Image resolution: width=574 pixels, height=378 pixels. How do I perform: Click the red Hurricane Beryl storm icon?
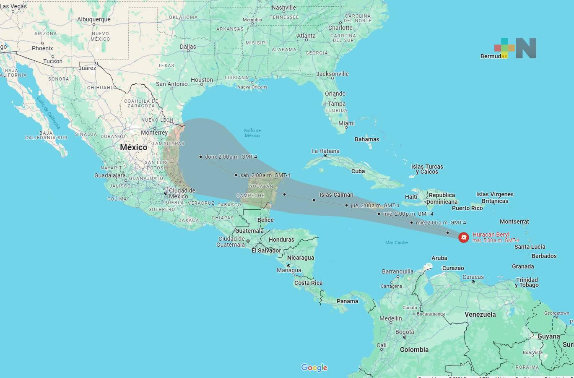coord(463,238)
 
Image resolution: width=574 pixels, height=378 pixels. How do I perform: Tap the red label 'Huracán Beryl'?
coord(491,235)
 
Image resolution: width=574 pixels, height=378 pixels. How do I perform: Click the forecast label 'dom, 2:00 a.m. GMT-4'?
coord(231,157)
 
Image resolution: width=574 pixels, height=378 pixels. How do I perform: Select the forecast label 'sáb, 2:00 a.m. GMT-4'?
coord(265,175)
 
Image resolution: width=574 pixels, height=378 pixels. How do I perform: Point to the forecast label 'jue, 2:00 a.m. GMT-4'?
coord(375,206)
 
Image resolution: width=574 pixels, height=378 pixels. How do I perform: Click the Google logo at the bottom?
coord(314,368)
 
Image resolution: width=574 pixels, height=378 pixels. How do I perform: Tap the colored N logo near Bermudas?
coord(516,48)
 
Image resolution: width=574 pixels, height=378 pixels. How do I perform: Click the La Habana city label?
coord(325,151)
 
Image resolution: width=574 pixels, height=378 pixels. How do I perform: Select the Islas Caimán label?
coord(336,195)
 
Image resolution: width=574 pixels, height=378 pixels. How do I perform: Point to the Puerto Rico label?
coord(467,208)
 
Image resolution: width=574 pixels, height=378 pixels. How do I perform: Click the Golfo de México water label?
coord(252,133)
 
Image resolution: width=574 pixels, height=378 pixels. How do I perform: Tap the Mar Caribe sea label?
coord(396,242)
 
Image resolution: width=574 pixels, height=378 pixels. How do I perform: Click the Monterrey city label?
coord(154,133)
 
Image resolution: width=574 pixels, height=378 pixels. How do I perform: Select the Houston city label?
coord(202,80)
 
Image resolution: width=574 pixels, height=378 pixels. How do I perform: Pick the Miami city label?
coord(346,123)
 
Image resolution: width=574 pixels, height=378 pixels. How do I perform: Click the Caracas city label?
coord(473,277)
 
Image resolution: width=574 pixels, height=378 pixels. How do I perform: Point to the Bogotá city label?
coord(405,332)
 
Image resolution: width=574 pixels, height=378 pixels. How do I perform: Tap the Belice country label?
coord(265,220)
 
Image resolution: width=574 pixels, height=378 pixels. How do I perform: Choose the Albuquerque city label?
coord(94,19)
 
